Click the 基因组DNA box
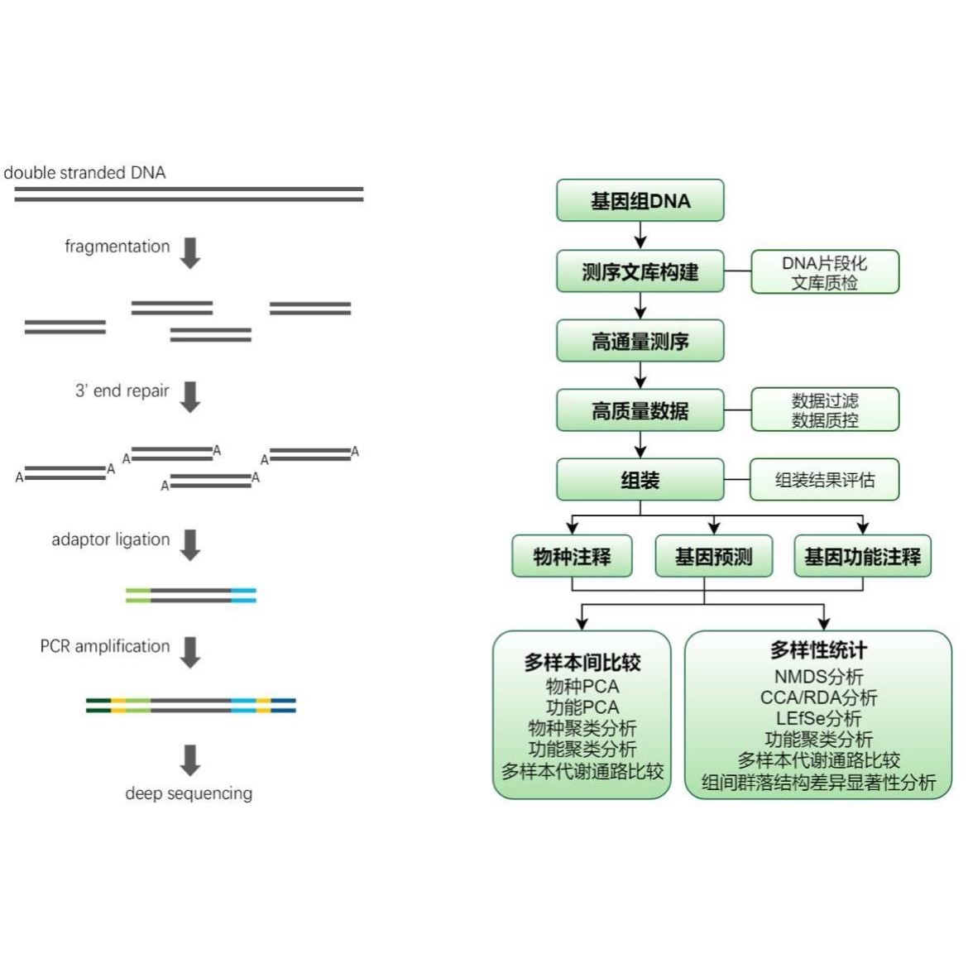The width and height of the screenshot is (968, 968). [640, 201]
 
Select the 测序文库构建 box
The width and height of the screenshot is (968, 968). [640, 271]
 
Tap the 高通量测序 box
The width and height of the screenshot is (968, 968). [640, 341]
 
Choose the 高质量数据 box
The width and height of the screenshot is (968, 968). [640, 410]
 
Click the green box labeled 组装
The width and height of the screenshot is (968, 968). [640, 480]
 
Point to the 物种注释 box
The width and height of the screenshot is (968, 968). [573, 556]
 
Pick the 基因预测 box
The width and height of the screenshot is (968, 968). [714, 556]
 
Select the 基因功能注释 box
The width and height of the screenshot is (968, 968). [862, 556]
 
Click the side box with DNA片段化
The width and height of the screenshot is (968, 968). [825, 271]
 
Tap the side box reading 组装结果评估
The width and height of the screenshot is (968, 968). [825, 480]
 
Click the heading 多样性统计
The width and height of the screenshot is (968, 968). [818, 649]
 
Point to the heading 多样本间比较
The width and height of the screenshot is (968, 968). [582, 663]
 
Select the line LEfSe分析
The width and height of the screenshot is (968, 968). [818, 719]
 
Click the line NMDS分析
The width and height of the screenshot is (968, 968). [818, 677]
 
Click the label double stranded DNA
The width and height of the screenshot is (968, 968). [84, 173]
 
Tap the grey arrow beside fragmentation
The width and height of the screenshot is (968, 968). [190, 253]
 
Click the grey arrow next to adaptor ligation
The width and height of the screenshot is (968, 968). [190, 545]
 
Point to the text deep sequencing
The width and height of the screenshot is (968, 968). [189, 793]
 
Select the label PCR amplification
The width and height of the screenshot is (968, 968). [105, 646]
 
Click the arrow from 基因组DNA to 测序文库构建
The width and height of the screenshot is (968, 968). [640, 235]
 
